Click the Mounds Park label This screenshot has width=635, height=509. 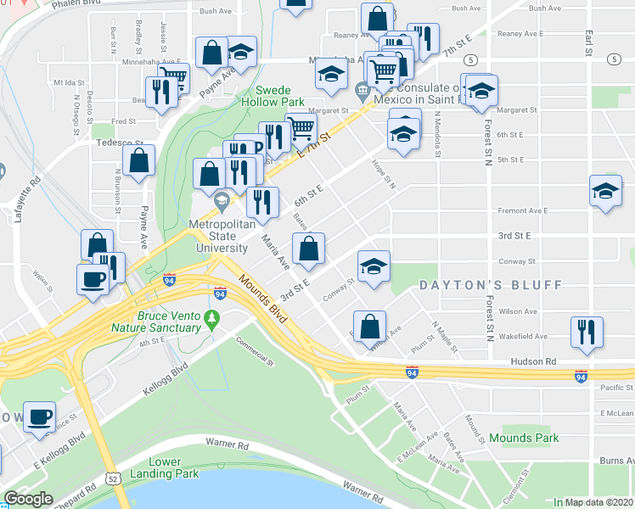click(x=524, y=439)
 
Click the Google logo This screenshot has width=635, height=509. click(x=27, y=499)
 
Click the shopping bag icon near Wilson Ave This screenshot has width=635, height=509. click(x=370, y=326)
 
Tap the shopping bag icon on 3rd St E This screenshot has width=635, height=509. click(x=309, y=249)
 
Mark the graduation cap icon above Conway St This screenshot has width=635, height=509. click(x=374, y=266)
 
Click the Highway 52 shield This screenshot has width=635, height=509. click(x=113, y=479)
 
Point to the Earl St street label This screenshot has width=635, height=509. click(x=587, y=39)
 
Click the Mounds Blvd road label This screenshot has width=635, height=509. click(x=261, y=293)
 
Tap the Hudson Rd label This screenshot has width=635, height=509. click(x=533, y=361)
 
